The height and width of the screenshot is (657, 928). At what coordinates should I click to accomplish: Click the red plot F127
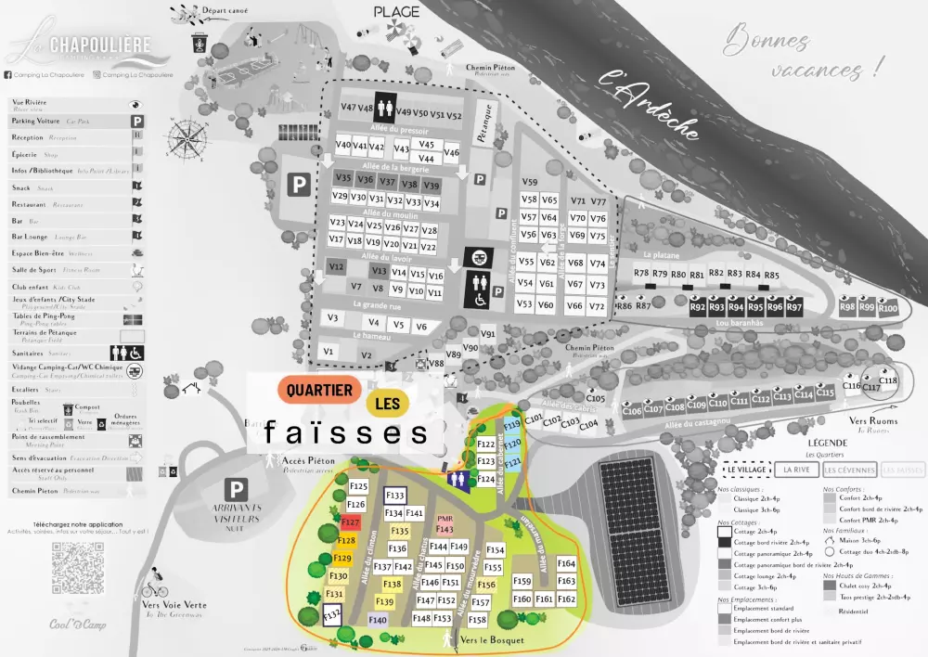(350, 523)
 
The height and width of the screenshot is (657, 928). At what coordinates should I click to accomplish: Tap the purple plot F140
(378, 620)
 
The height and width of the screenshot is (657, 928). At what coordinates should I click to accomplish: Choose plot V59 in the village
(530, 182)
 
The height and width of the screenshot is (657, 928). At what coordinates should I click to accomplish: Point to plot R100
(888, 307)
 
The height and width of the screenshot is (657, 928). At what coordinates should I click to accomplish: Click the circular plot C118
(888, 380)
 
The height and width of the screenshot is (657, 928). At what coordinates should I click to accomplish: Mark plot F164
(566, 563)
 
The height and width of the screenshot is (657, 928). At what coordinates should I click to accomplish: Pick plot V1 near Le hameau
(328, 352)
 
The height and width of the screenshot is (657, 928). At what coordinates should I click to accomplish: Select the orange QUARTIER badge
(319, 390)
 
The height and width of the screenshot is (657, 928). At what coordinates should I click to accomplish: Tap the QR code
(78, 568)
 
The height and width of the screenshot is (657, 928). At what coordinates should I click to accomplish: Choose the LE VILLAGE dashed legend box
(743, 470)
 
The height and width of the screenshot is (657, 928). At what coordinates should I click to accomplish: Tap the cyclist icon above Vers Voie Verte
(155, 588)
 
